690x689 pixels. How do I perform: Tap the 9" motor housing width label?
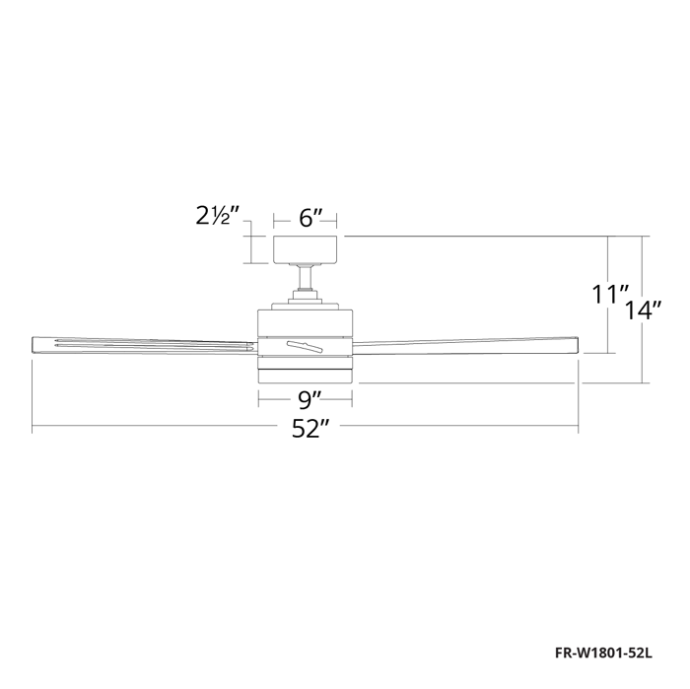[307, 399]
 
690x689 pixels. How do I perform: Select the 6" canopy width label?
[307, 218]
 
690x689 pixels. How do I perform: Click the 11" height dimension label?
[610, 295]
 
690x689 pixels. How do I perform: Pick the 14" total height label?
[643, 310]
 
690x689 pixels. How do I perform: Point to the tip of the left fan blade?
[36, 344]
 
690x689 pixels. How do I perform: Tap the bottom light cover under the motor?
[306, 375]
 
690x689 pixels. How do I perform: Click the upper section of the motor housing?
[306, 321]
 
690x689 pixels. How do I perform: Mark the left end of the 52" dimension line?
[33, 428]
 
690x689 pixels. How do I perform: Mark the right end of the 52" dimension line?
[579, 428]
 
